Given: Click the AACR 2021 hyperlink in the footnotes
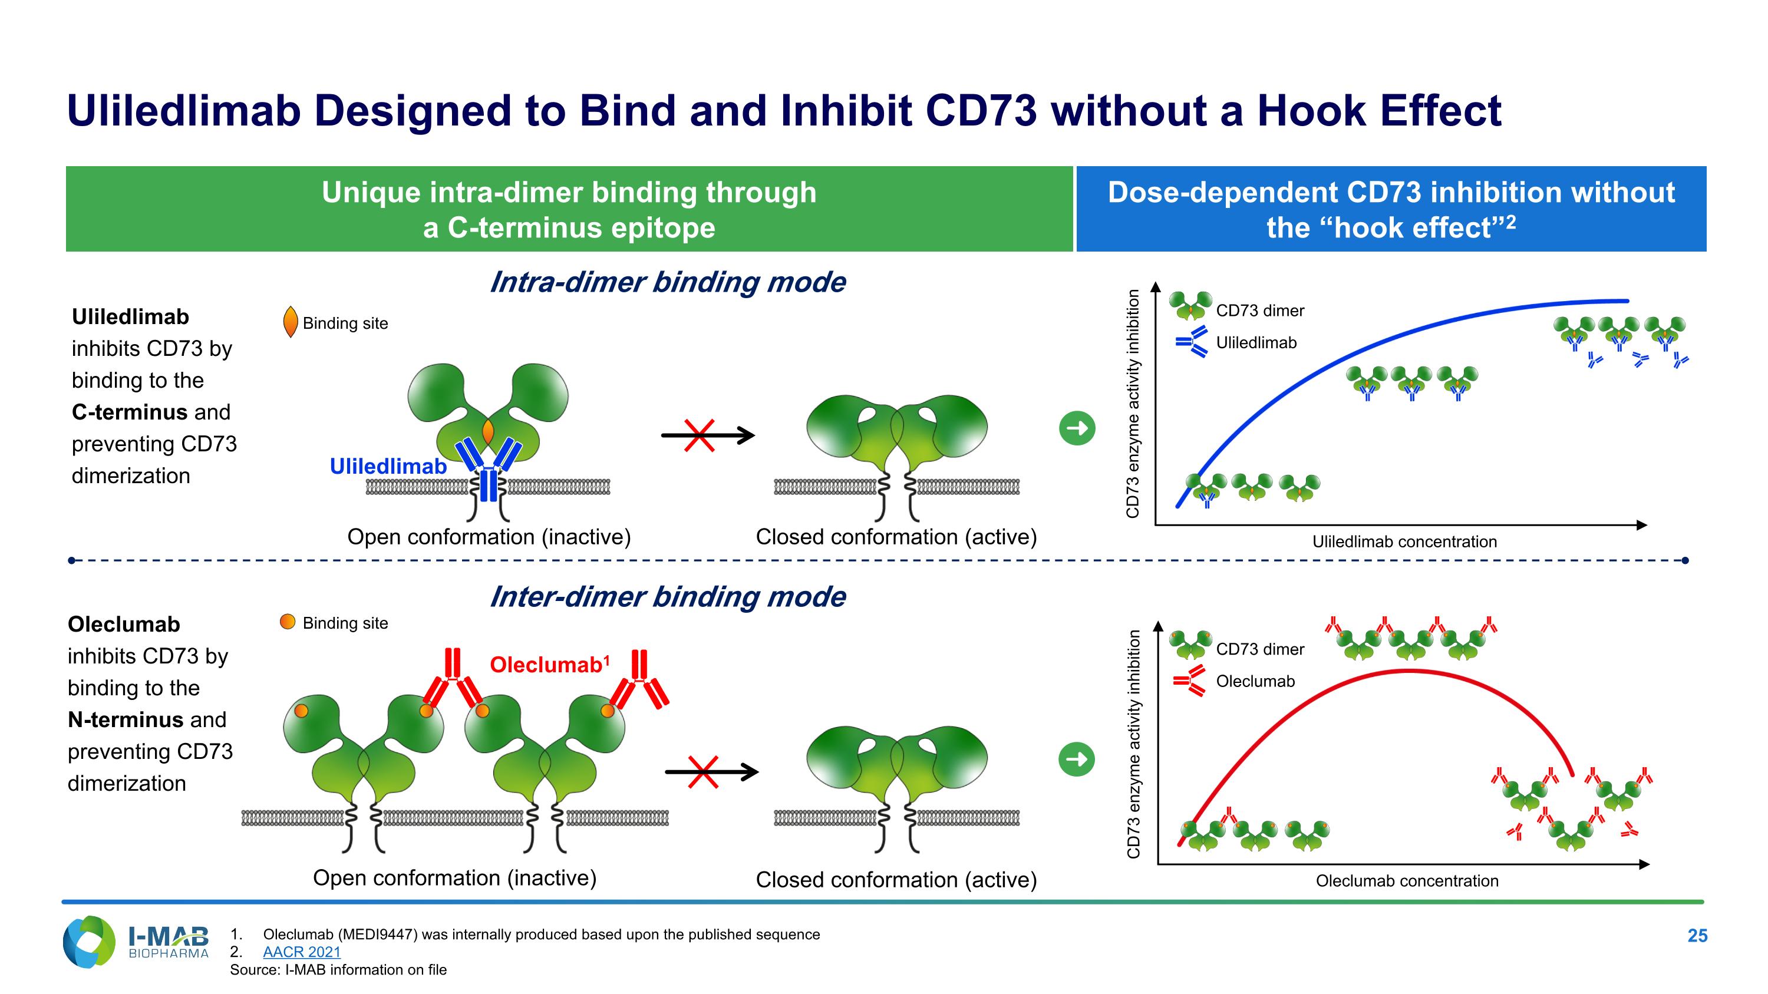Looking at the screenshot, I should [301, 952].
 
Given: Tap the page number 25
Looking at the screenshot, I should [1697, 936].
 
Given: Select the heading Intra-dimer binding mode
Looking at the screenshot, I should [667, 282].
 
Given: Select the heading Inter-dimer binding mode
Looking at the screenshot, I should [667, 597].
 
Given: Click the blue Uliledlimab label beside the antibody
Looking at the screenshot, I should [388, 467].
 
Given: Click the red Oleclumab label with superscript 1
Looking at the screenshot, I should [549, 665].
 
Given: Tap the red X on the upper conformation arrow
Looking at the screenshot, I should [700, 435].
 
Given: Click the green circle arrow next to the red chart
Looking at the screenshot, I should [1077, 759].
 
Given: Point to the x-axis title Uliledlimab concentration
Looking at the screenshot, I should [1404, 542].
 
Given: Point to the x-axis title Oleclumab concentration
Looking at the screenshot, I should [1407, 881].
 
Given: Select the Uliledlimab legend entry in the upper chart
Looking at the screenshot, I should [1255, 342].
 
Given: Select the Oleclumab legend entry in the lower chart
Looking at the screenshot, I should [1255, 681].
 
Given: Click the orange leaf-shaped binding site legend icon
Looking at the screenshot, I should [291, 322].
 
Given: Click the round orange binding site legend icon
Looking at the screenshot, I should [288, 622].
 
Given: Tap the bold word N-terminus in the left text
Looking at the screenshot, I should [126, 719].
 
